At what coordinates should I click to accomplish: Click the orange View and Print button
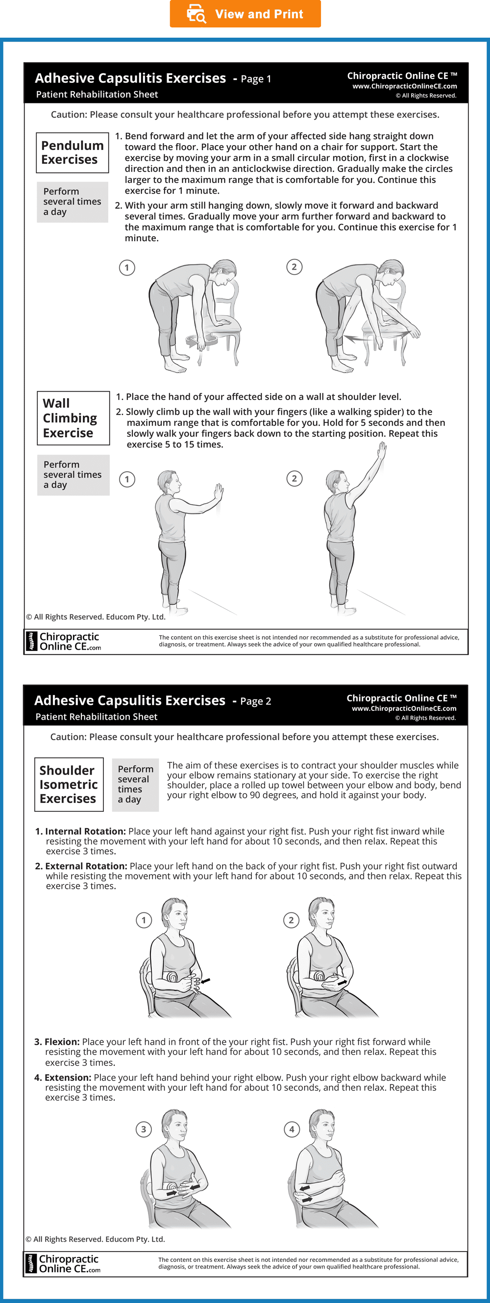245,14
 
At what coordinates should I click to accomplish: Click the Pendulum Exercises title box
73,153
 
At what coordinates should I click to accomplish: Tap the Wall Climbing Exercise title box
73,418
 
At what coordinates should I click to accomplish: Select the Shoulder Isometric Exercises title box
69,784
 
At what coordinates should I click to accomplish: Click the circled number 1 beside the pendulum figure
127,268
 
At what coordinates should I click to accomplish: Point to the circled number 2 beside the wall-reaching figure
294,478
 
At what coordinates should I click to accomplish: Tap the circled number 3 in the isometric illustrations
144,1129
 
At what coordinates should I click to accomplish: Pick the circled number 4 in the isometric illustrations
292,1129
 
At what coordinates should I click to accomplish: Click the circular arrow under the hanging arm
202,340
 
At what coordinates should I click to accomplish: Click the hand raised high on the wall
382,450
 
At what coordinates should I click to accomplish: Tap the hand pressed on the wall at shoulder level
219,492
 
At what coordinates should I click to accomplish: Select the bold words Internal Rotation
85,831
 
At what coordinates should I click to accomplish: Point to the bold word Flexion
62,1042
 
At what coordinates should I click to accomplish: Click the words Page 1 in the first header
256,79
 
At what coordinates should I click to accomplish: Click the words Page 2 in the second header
255,701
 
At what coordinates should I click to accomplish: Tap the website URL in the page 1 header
405,86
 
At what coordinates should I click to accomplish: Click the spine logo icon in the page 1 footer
32,641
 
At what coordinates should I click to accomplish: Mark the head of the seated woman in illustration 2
322,913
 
